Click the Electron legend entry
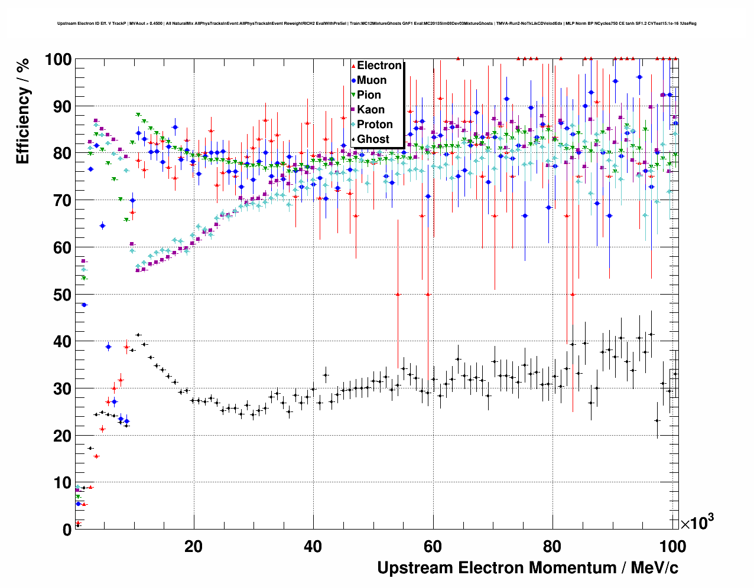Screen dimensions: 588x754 pyautogui.click(x=379, y=66)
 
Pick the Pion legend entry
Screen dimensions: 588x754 pyautogui.click(x=369, y=95)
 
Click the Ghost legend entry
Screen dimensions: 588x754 pyautogui.click(x=373, y=139)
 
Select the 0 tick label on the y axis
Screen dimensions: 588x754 pyautogui.click(x=67, y=530)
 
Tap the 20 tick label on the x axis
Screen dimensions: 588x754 pyautogui.click(x=193, y=546)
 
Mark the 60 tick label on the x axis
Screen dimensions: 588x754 pyautogui.click(x=433, y=546)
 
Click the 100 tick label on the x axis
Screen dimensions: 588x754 pyautogui.click(x=672, y=546)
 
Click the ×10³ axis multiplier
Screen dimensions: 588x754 pyautogui.click(x=697, y=523)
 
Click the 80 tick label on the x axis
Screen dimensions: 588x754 pyautogui.click(x=552, y=546)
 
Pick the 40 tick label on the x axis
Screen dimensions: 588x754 pyautogui.click(x=313, y=546)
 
